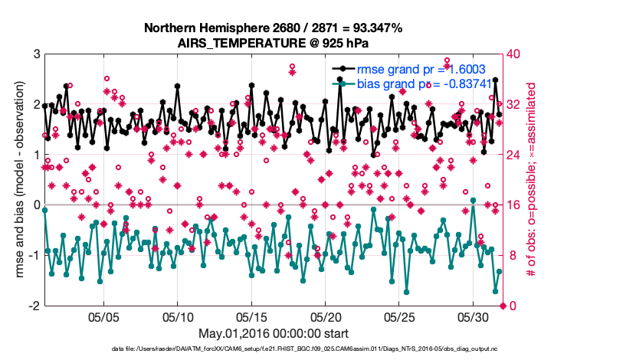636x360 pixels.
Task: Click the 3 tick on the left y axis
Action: point(36,54)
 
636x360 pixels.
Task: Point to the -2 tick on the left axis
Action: point(34,306)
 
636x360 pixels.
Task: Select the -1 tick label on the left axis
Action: point(34,256)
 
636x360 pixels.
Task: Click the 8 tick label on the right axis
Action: point(510,256)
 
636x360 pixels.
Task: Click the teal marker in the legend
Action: point(343,83)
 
